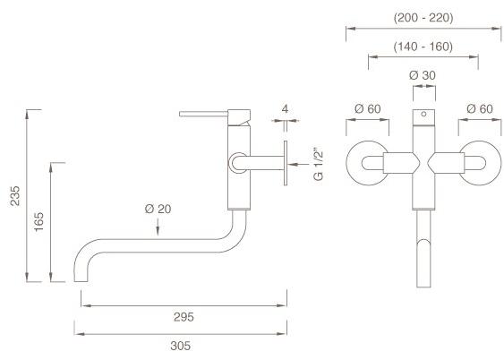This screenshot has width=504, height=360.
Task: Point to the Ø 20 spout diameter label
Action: pyautogui.click(x=158, y=210)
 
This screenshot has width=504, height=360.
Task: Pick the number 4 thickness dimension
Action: pyautogui.click(x=285, y=109)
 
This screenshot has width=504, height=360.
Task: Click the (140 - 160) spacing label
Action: pyautogui.click(x=423, y=47)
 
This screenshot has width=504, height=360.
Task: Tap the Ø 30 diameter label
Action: pyautogui.click(x=422, y=76)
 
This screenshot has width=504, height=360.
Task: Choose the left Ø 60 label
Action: pyautogui.click(x=367, y=109)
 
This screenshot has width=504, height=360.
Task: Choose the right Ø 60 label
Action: pyautogui.click(x=478, y=109)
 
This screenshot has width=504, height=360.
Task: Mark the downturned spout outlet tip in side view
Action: pyautogui.click(x=80, y=274)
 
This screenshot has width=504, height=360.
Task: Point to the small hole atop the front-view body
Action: pyautogui.click(x=423, y=116)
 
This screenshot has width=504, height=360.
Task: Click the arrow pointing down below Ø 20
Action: pyautogui.click(x=158, y=230)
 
